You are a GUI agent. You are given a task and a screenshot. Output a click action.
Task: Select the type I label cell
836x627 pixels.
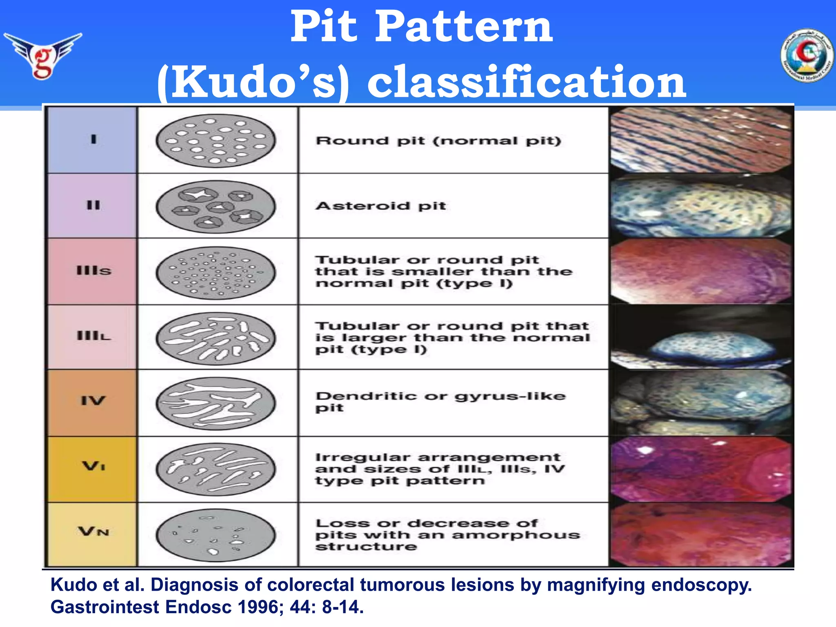93,140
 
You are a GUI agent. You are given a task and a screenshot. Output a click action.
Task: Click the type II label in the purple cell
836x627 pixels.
93,205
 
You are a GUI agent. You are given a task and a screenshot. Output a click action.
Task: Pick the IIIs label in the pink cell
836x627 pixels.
93,271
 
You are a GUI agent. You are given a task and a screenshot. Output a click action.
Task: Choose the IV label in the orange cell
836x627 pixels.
93,401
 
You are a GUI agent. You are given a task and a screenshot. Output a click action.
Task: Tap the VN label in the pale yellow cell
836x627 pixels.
93,531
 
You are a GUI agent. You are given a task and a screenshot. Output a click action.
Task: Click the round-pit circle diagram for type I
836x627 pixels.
216,140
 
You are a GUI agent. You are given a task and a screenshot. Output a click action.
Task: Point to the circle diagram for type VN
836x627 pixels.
216,535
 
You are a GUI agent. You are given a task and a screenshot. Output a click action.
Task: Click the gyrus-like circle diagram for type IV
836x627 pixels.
216,403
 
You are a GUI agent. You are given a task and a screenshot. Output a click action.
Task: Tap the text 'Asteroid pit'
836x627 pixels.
380,206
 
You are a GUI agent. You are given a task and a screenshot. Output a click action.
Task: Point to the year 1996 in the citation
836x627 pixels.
261,607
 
